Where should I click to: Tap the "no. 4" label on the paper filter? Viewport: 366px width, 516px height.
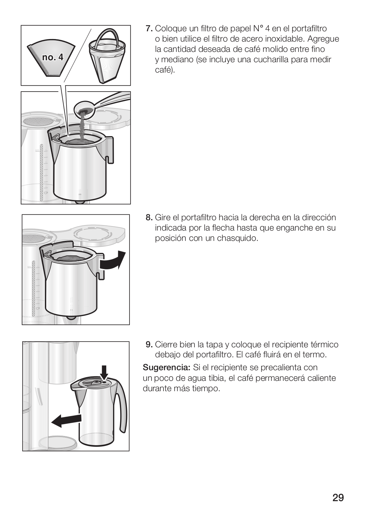53,57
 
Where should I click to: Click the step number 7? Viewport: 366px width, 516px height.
149,29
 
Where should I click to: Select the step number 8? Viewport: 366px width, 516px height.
149,217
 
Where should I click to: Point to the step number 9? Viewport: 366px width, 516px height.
149,345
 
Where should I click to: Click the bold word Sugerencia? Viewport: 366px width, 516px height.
166,367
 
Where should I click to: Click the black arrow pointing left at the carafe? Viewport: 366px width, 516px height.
66,421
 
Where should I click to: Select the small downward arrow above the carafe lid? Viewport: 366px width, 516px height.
105,372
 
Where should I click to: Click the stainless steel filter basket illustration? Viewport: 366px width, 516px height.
107,56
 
